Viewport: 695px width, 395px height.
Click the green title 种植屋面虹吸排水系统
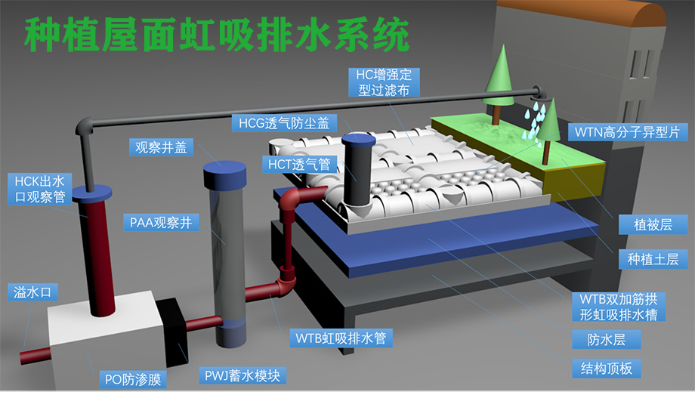click(217, 35)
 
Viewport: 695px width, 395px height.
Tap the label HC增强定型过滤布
click(384, 82)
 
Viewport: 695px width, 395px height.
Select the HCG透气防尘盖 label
click(284, 123)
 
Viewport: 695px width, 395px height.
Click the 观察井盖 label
click(161, 147)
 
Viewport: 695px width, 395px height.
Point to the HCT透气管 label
click(300, 165)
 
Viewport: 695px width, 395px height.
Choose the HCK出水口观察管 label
click(39, 189)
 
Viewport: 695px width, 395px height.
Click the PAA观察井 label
click(161, 222)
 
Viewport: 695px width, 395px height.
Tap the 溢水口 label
click(32, 292)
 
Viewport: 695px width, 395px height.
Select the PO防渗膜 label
click(132, 379)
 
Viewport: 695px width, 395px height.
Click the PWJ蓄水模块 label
click(242, 375)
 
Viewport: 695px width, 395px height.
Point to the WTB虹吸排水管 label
click(341, 338)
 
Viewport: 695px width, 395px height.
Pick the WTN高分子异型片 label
click(628, 132)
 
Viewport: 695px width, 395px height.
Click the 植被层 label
click(653, 225)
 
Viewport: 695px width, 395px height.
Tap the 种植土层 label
click(653, 259)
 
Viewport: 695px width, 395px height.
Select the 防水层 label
click(606, 340)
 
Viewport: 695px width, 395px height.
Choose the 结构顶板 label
click(606, 369)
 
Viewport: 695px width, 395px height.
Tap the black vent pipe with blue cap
click(358, 170)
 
